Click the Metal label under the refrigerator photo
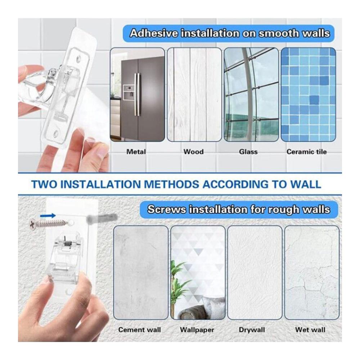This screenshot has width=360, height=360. [136, 152]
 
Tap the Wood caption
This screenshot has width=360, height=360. [194, 152]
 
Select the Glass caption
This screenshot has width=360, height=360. [248, 152]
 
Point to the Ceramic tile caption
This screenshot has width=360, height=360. [306, 152]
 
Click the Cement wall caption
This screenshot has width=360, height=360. [140, 330]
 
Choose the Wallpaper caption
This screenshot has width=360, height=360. [197, 330]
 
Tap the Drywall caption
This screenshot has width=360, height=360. [252, 330]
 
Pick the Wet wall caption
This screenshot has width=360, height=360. [310, 330]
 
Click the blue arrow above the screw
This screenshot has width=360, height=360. [48, 216]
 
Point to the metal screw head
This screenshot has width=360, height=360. [32, 224]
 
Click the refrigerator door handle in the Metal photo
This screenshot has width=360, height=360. [137, 94]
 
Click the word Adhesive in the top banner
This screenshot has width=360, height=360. [154, 33]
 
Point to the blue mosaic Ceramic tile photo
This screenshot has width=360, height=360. [309, 94]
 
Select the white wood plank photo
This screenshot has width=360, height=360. [194, 94]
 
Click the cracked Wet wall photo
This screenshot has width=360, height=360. [312, 273]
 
